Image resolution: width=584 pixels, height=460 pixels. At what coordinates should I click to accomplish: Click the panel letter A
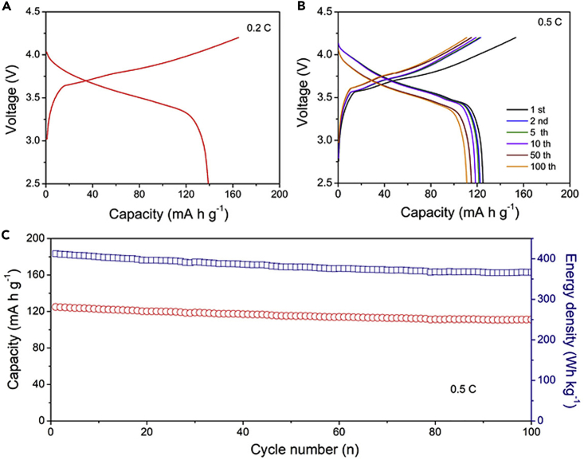pos(6,6)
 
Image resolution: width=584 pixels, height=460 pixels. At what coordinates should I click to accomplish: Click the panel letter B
pos(300,6)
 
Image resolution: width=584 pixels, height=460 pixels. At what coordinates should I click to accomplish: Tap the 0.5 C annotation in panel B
pos(549,22)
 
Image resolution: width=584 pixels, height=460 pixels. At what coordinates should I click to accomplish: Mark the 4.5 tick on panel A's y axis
pos(32,12)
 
